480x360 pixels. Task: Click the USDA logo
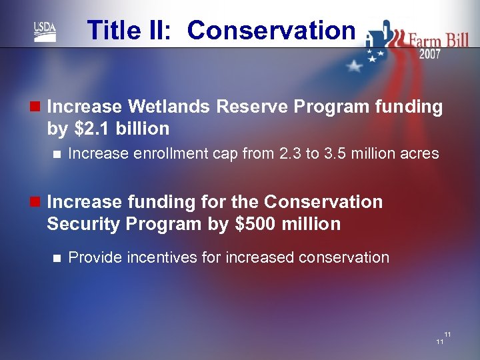coord(45,31)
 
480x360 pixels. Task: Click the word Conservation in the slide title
coord(271,30)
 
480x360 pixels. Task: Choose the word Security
coord(83,224)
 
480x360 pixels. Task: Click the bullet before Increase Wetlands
coord(35,107)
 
